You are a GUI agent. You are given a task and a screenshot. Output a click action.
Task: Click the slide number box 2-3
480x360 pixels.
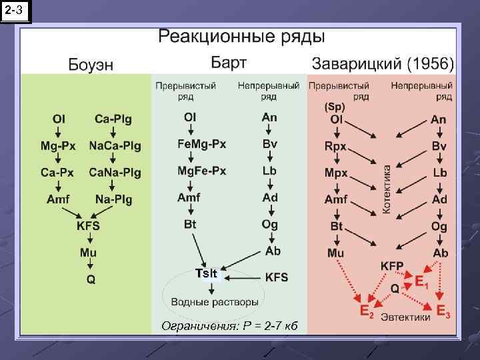pyautogui.click(x=16, y=11)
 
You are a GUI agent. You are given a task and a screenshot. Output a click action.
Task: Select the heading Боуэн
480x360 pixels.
pyautogui.click(x=91, y=64)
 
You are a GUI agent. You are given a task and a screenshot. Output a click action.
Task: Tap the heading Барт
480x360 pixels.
pyautogui.click(x=229, y=63)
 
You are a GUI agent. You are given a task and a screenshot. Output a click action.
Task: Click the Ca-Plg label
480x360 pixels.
pyautogui.click(x=113, y=119)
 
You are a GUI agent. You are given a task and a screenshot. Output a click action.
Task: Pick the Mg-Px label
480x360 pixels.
pyautogui.click(x=59, y=145)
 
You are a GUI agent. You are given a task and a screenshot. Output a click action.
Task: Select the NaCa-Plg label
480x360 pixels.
pyautogui.click(x=115, y=145)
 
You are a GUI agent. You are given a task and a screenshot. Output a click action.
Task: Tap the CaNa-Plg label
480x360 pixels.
pyautogui.click(x=115, y=172)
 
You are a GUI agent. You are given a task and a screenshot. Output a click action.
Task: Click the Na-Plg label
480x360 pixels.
pyautogui.click(x=113, y=199)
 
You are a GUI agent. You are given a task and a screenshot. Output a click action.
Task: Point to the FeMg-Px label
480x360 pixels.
pyautogui.click(x=201, y=144)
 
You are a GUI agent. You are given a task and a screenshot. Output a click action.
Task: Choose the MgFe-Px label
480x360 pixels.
pyautogui.click(x=201, y=171)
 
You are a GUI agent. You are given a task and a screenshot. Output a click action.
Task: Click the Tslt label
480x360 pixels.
pyautogui.click(x=205, y=273)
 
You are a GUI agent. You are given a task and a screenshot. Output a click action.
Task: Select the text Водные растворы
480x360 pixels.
pyautogui.click(x=215, y=301)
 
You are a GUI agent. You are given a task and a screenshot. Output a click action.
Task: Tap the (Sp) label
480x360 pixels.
pyautogui.click(x=335, y=107)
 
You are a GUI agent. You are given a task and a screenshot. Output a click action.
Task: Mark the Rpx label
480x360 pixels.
pyautogui.click(x=336, y=145)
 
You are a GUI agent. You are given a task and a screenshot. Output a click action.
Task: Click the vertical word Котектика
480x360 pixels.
pyautogui.click(x=387, y=190)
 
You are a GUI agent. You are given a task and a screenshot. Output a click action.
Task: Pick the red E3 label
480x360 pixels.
pyautogui.click(x=443, y=311)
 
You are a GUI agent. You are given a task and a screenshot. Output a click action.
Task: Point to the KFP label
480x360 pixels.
pyautogui.click(x=392, y=265)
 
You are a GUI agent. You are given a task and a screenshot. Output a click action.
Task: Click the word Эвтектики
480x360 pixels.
pyautogui.click(x=405, y=317)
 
